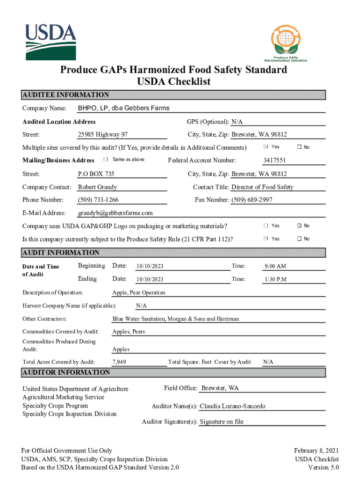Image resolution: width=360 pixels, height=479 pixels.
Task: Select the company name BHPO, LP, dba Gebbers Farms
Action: (x=124, y=109)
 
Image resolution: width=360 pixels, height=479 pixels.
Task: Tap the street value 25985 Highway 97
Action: (x=103, y=135)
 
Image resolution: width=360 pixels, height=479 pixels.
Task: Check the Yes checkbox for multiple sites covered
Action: (x=266, y=147)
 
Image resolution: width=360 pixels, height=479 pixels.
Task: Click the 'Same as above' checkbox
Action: (x=106, y=160)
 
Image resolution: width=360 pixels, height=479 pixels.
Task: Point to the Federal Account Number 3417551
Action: (x=274, y=160)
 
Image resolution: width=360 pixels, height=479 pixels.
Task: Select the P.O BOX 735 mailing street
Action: (x=96, y=174)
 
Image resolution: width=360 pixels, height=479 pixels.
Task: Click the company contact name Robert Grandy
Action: (x=97, y=187)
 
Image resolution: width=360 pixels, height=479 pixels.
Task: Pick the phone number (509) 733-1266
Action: (x=98, y=200)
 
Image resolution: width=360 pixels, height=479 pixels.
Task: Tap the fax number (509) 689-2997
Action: (x=252, y=200)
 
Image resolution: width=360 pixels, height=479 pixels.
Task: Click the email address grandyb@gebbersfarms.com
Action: (x=115, y=213)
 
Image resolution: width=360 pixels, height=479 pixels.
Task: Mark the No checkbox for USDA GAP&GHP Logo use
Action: (x=299, y=226)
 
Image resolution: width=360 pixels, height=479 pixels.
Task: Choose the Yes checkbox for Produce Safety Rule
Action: (x=266, y=239)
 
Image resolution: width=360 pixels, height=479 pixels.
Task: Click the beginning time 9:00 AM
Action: (x=275, y=267)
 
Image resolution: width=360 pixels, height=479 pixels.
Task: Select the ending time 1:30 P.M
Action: (x=275, y=280)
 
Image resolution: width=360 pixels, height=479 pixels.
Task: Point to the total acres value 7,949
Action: (x=119, y=362)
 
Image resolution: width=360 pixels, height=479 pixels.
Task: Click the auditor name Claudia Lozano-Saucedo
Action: (x=232, y=406)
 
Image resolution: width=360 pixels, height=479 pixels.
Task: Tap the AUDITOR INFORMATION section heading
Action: (x=66, y=373)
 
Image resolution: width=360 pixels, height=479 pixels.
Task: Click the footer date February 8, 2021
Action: (x=316, y=450)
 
